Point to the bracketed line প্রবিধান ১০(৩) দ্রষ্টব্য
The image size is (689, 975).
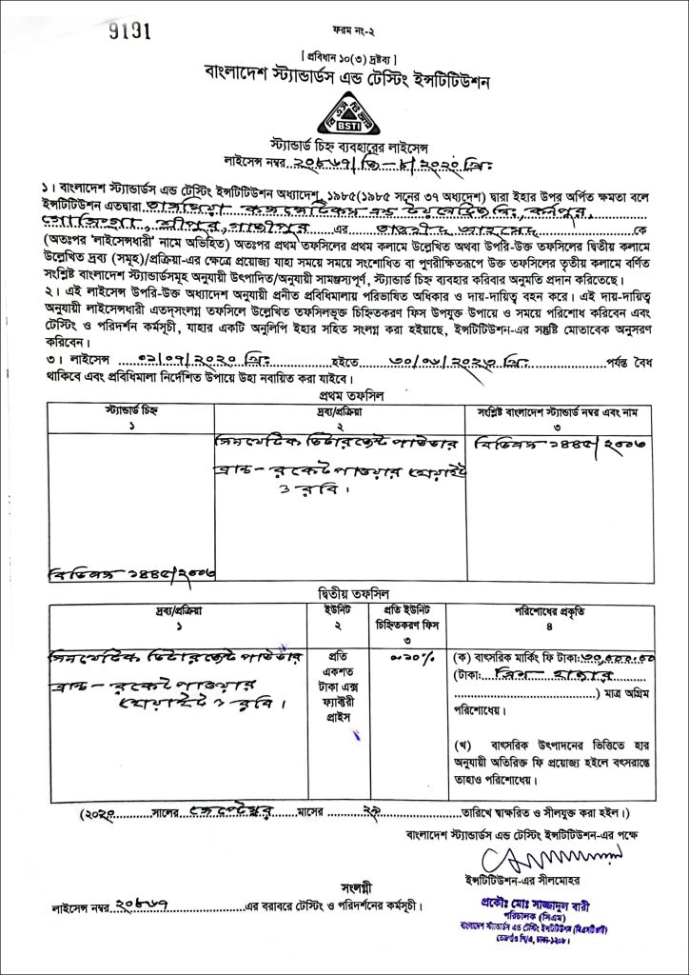(x=345, y=53)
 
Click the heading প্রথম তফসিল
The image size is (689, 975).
(x=345, y=393)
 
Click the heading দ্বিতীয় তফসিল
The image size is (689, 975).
(x=345, y=592)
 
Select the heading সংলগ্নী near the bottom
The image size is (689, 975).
(x=345, y=883)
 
